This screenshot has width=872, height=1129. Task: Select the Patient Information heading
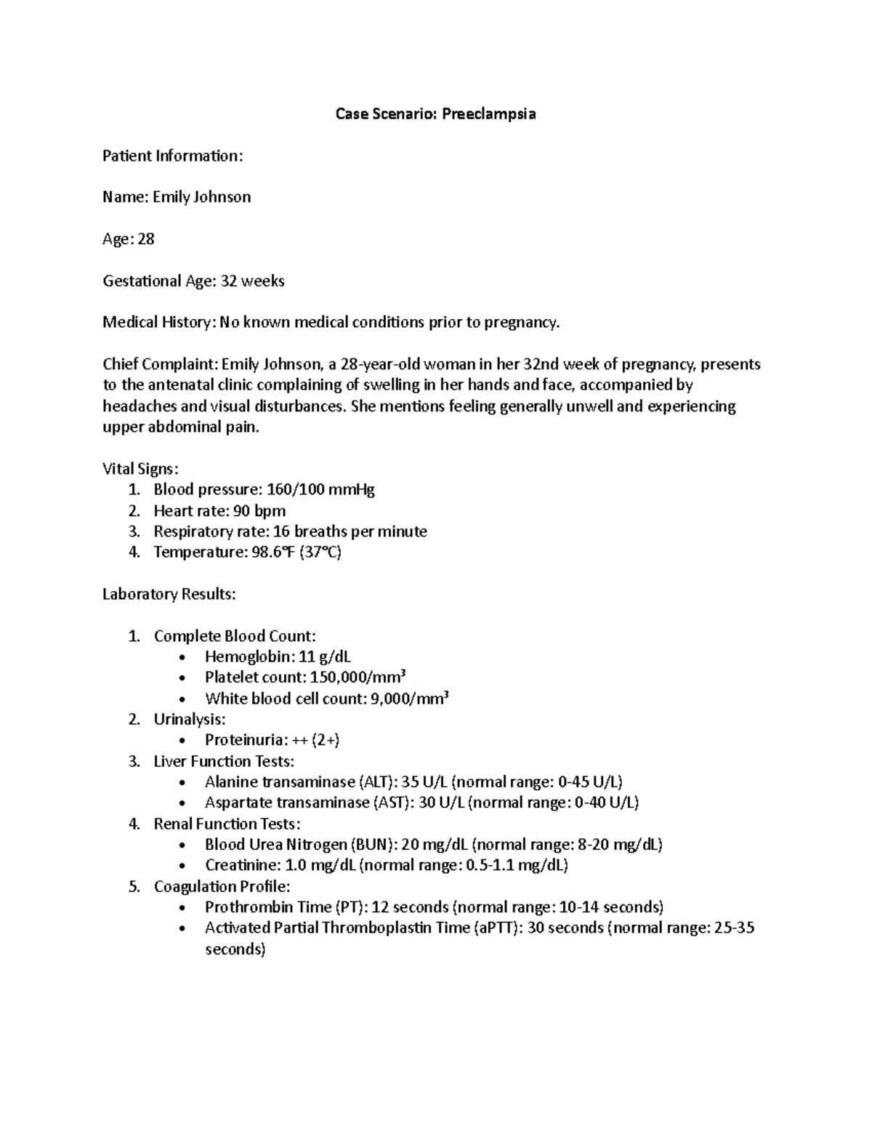[x=172, y=156]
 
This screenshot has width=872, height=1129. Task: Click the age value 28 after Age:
[x=146, y=239]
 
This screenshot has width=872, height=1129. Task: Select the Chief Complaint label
[x=160, y=364]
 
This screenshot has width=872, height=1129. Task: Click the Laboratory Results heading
[x=169, y=595]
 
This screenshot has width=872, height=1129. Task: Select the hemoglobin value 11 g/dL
[x=324, y=657]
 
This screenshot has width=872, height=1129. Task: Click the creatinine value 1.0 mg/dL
[x=320, y=866]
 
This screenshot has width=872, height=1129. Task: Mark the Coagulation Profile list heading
[x=222, y=887]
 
